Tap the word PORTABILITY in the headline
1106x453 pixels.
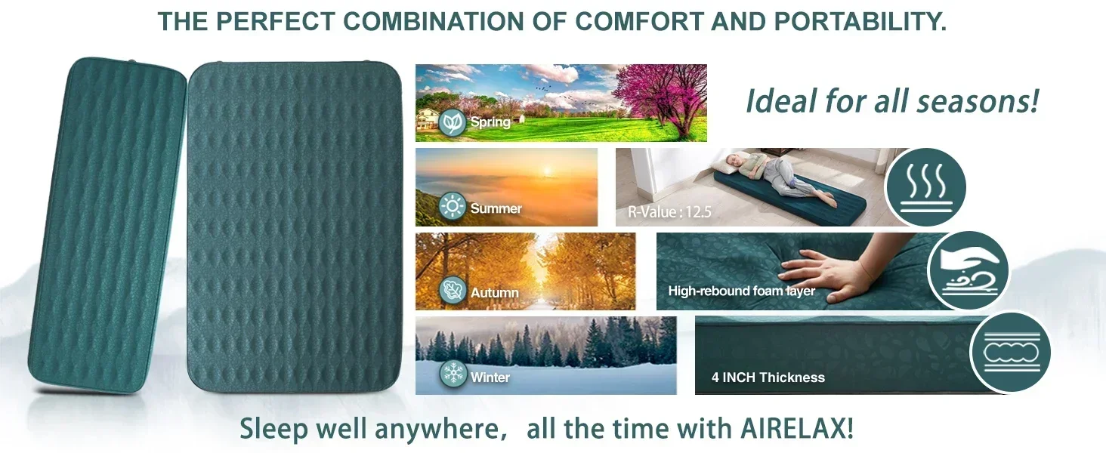[860, 21]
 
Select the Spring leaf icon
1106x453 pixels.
[453, 122]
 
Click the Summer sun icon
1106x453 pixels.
[453, 206]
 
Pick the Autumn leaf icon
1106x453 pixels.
[453, 290]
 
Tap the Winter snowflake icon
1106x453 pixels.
[453, 374]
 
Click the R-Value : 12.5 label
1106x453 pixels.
[669, 212]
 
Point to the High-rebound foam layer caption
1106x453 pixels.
[742, 291]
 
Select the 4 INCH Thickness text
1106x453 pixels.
[768, 377]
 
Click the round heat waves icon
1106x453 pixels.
[926, 187]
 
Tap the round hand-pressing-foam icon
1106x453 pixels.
[969, 271]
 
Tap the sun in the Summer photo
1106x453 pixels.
[547, 171]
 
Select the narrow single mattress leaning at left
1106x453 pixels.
[107, 226]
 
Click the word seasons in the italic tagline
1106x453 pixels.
[977, 101]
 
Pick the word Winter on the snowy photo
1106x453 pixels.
[490, 377]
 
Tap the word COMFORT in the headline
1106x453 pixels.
[639, 21]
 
